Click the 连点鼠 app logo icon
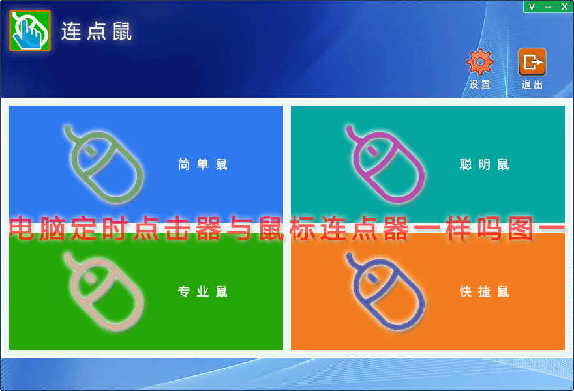coord(30,31)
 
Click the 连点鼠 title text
coord(97,31)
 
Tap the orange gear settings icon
coord(480,62)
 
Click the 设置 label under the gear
coord(480,85)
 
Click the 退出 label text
coord(532,85)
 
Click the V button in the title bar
coord(532,7)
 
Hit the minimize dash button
coord(548,7)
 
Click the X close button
coord(564,7)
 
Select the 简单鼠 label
coord(203,165)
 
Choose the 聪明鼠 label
coord(485,165)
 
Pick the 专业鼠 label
coord(203,291)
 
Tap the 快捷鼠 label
coord(485,291)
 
